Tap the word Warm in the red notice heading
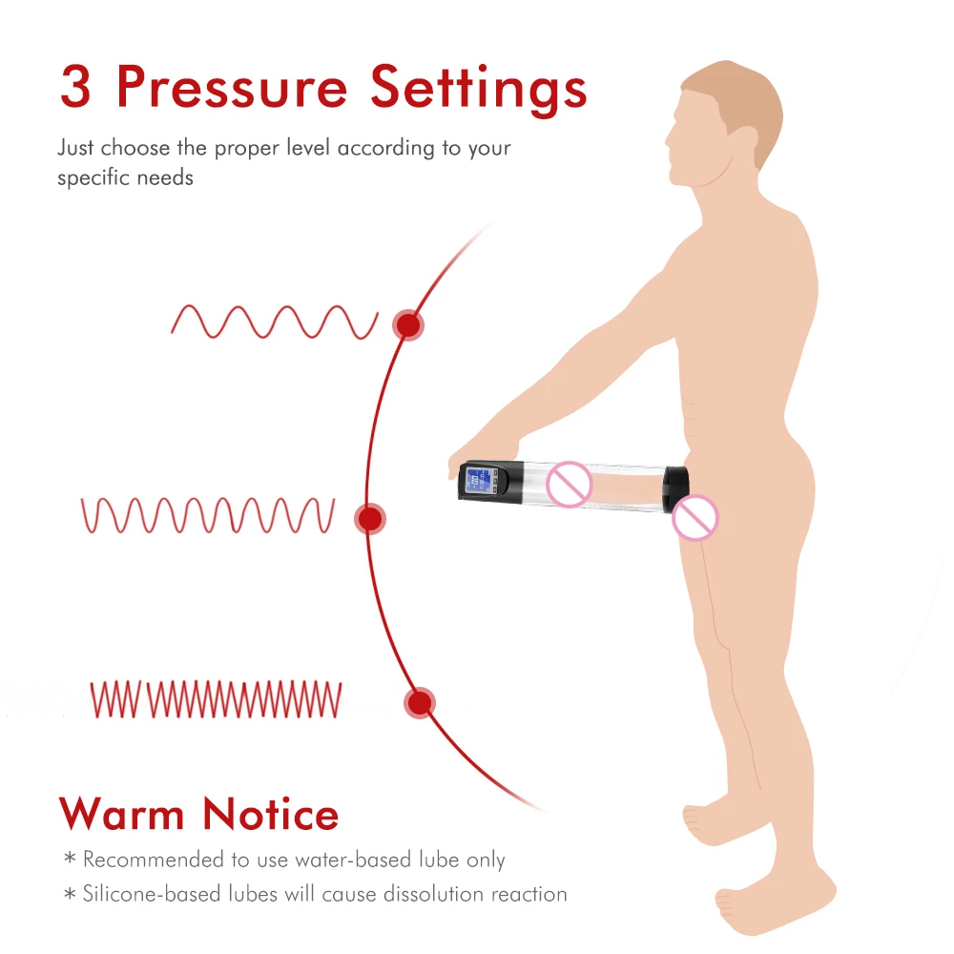coord(121,814)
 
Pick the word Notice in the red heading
coord(271,814)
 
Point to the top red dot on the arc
coord(408,325)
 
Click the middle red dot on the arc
coord(370,519)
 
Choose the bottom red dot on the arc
coord(419,703)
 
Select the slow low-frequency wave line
coord(275,321)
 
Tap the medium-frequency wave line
coord(208,515)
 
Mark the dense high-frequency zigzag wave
coord(216,698)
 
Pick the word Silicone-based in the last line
coord(147,894)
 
